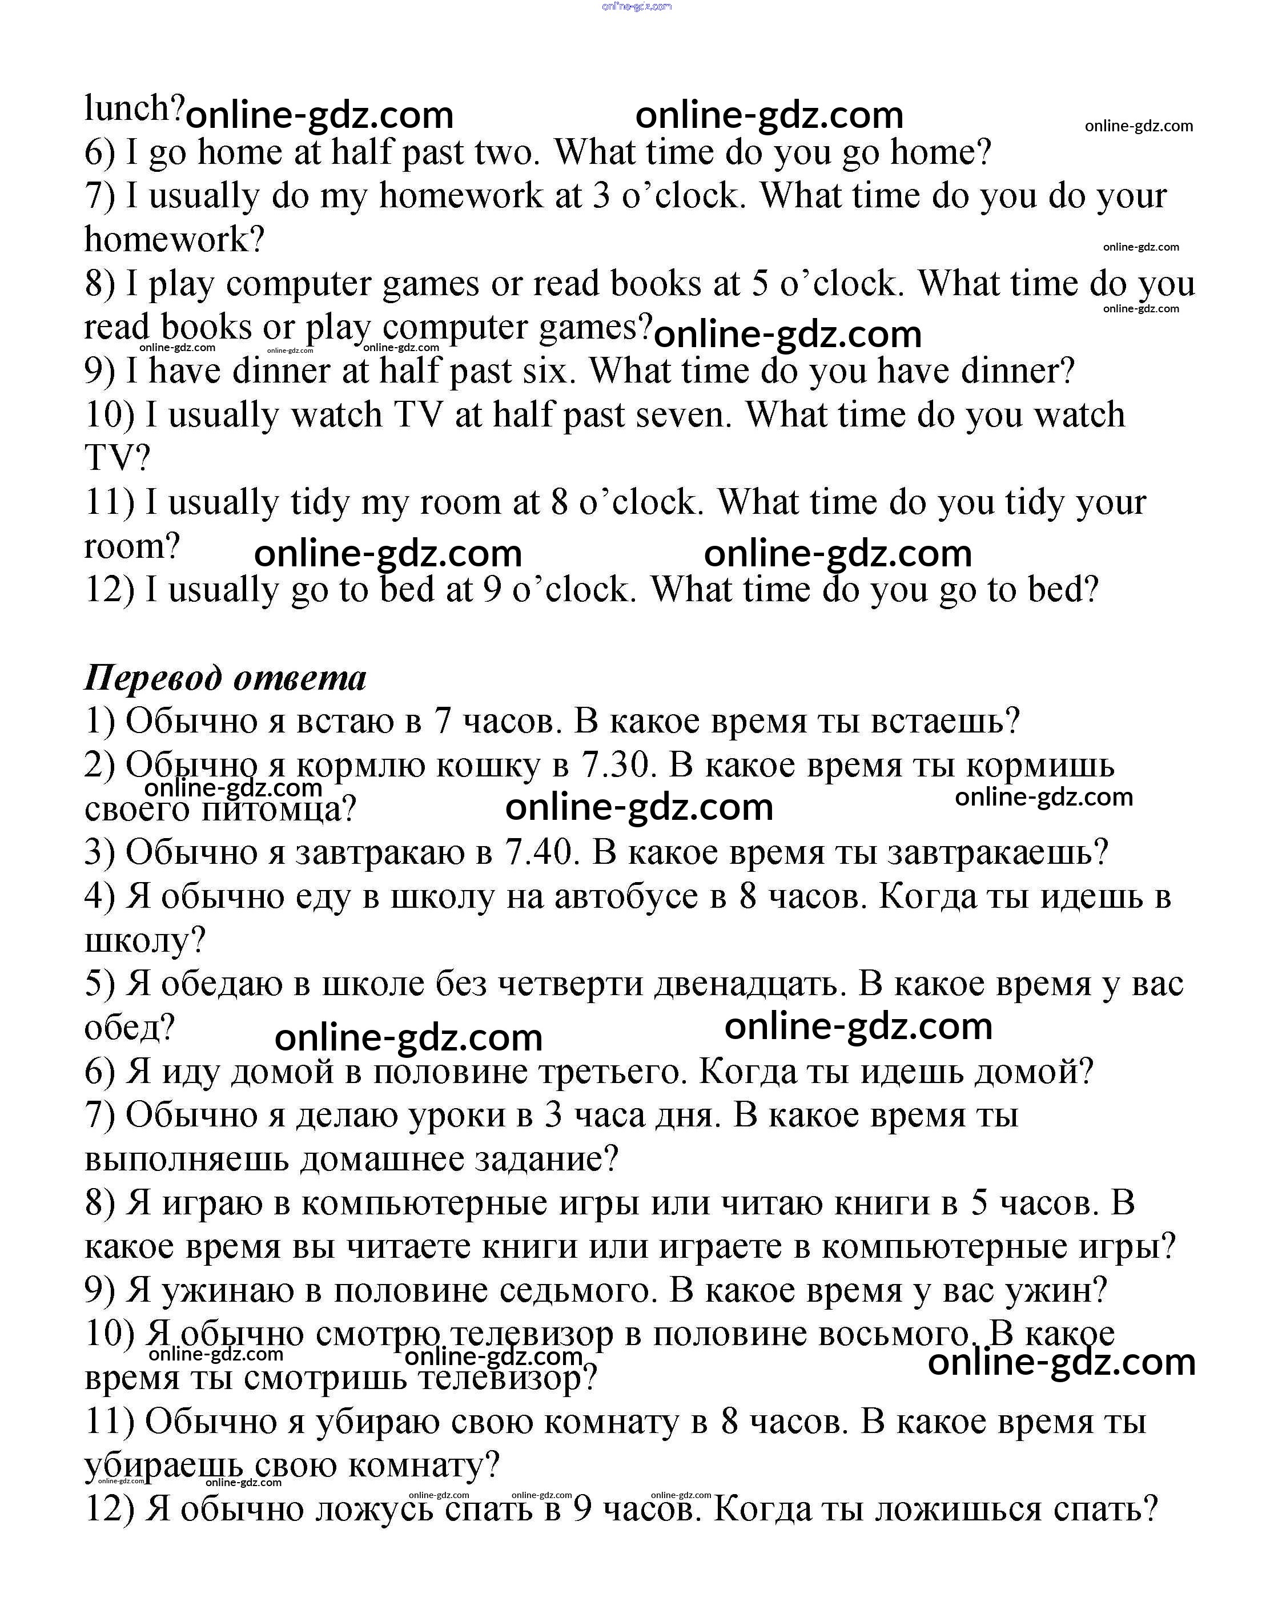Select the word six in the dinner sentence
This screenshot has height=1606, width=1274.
(x=545, y=371)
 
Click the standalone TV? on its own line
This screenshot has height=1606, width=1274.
(x=118, y=458)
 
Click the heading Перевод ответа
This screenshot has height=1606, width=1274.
(x=225, y=677)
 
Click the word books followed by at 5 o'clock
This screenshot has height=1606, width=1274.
(x=656, y=284)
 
